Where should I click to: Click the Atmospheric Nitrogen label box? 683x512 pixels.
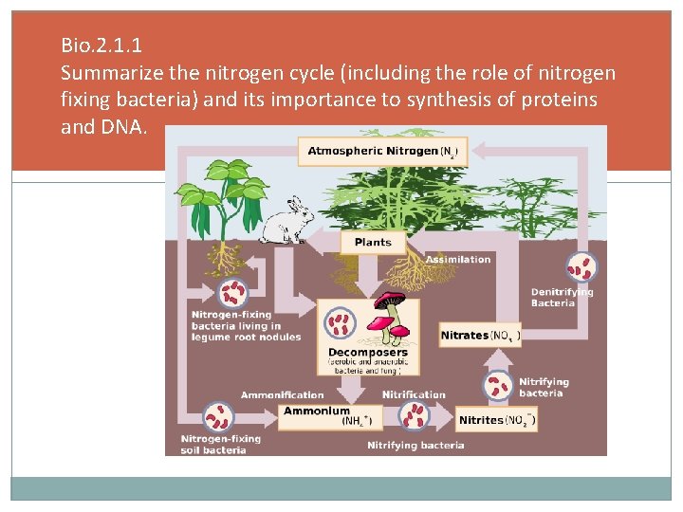(x=383, y=152)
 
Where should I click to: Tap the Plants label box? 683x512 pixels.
(x=373, y=243)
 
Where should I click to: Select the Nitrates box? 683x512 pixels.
(x=480, y=336)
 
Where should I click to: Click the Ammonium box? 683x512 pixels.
(x=327, y=415)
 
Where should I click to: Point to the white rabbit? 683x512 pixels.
(x=286, y=222)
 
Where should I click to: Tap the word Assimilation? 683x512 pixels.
(x=458, y=260)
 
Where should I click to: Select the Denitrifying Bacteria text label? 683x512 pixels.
(x=562, y=298)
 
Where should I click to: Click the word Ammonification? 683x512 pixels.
(x=282, y=395)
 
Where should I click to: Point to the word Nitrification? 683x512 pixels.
(x=414, y=395)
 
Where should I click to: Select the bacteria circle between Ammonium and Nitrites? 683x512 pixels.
(x=414, y=416)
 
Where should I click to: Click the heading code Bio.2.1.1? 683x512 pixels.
(x=101, y=45)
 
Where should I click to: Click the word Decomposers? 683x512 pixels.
(x=367, y=353)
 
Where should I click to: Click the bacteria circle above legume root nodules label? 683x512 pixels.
(x=231, y=293)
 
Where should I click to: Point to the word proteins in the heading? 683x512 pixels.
(x=565, y=101)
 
